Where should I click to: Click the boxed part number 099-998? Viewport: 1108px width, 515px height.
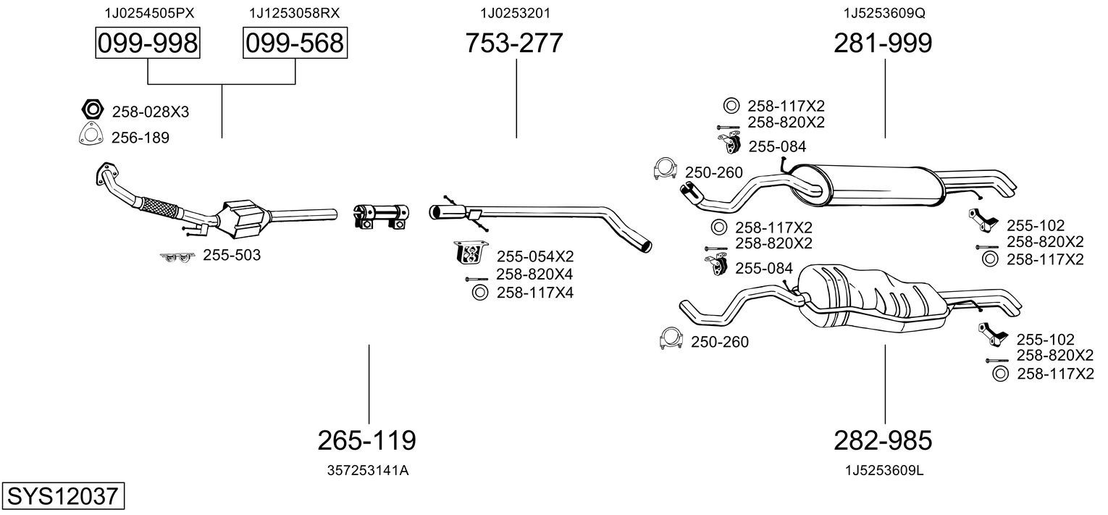pos(148,43)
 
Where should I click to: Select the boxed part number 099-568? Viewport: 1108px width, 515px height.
pos(294,43)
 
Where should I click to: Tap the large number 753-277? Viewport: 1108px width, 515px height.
pos(513,43)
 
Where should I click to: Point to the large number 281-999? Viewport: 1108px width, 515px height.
pos(883,43)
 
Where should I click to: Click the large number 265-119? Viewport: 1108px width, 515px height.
pos(367,440)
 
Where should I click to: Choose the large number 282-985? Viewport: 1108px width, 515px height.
pos(883,440)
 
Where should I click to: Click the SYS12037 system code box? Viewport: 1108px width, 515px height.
pos(62,497)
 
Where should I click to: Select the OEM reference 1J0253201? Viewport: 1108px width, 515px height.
pos(516,13)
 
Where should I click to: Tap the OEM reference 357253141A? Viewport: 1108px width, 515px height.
pos(368,470)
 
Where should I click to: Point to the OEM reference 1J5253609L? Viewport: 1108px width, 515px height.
pos(884,470)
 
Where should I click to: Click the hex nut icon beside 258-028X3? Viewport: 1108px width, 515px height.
pos(91,110)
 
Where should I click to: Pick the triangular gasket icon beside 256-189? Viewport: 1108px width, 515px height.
pos(90,135)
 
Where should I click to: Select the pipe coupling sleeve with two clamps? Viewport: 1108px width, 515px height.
pos(382,215)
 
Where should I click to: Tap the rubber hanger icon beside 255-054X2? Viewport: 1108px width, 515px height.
pos(469,254)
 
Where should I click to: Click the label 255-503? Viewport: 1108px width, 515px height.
pos(232,255)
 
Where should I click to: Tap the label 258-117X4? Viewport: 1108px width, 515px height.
pos(534,293)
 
